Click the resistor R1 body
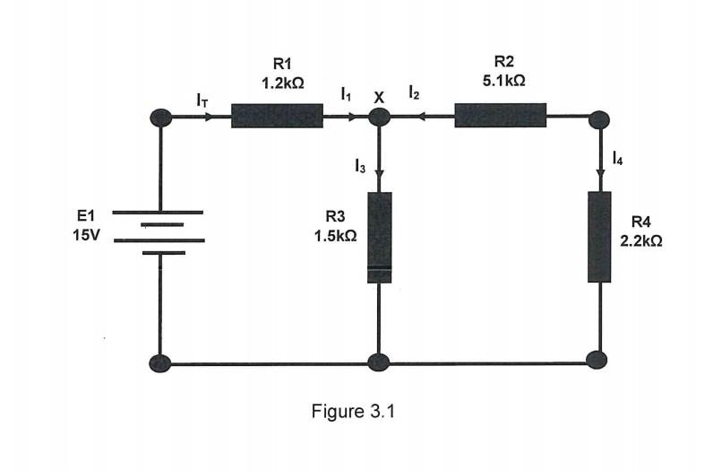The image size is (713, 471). pos(277,116)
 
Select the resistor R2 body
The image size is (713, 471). pos(500,116)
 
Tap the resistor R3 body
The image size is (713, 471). pos(380,237)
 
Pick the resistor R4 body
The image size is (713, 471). pos(599,237)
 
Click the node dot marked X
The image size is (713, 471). pos(380,117)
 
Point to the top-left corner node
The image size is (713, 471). pos(161,117)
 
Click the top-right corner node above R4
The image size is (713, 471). pos(599,118)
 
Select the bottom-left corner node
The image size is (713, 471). pos(160,363)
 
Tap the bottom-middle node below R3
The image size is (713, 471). pos(379,363)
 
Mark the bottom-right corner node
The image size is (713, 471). pos(597,360)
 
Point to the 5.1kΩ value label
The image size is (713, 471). pos(503,80)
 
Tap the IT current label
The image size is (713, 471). pos(202,100)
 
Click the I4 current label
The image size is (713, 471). pos(618,159)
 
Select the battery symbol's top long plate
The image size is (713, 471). pos(161,213)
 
